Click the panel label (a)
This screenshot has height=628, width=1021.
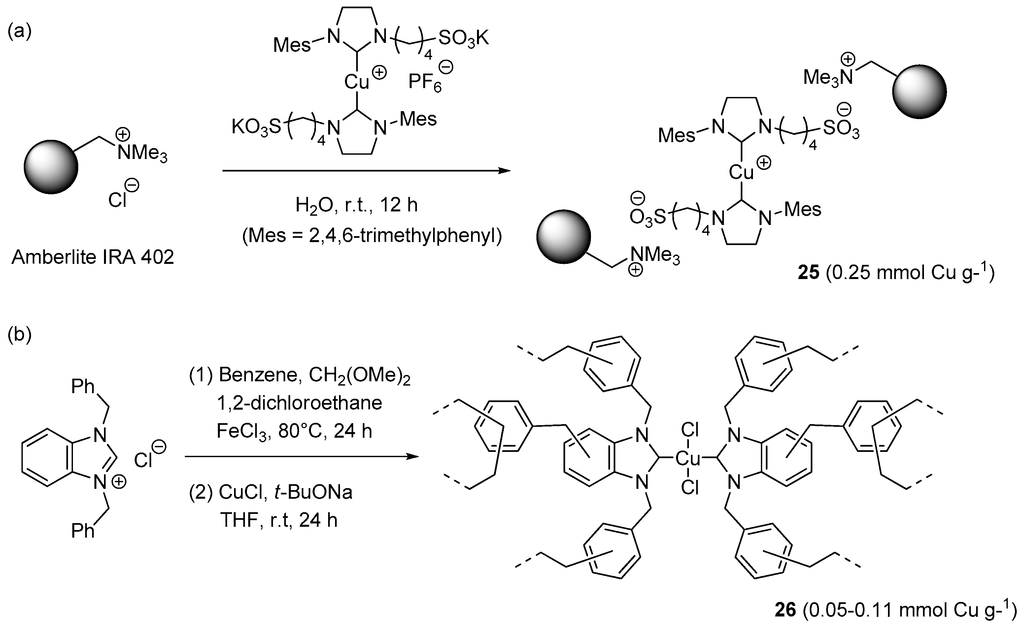[19, 32]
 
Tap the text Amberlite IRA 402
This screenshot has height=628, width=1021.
[93, 258]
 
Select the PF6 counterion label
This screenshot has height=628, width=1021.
[425, 82]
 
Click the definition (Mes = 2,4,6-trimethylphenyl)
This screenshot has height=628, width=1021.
[372, 235]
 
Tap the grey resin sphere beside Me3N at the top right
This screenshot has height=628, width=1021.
[919, 92]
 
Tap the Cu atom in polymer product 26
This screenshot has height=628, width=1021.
[688, 458]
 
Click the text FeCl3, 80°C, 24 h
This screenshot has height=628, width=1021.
[294, 431]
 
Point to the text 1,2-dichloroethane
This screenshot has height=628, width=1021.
[299, 403]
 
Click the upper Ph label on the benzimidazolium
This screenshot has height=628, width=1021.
[83, 387]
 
